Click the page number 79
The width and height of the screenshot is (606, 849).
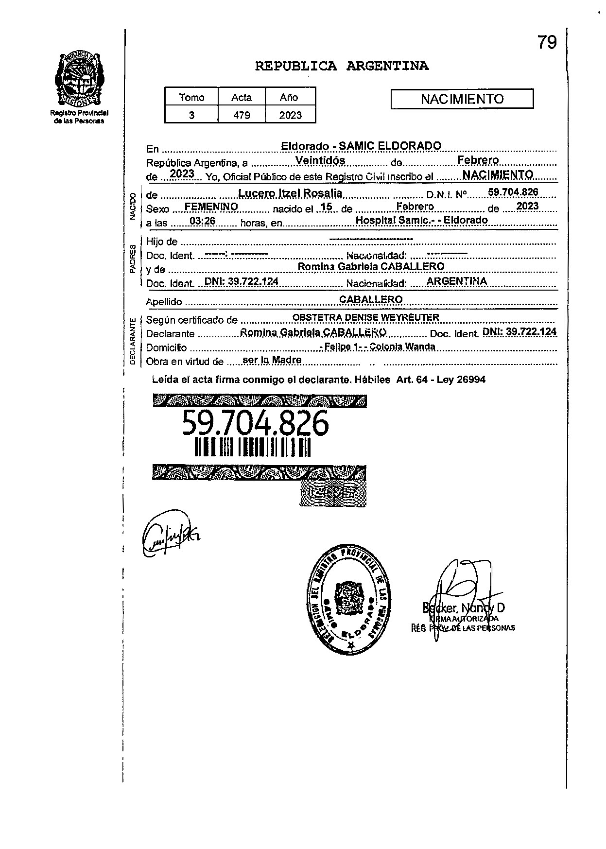[547, 43]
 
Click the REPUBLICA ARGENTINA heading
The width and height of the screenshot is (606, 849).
[342, 66]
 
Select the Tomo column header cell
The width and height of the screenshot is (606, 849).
[191, 97]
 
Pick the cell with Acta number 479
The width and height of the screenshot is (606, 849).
[242, 115]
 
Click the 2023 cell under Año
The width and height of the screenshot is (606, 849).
[290, 115]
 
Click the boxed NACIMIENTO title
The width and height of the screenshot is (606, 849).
[462, 99]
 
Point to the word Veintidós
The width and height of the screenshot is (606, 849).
[320, 160]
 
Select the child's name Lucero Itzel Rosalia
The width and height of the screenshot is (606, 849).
[290, 193]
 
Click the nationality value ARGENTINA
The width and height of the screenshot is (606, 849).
[456, 281]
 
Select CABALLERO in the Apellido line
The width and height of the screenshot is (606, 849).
[371, 299]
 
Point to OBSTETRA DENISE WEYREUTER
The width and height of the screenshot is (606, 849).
[365, 317]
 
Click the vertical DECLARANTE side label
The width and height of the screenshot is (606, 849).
[132, 341]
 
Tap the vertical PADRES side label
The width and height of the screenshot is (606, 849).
[132, 260]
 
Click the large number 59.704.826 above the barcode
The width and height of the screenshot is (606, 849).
[255, 423]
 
